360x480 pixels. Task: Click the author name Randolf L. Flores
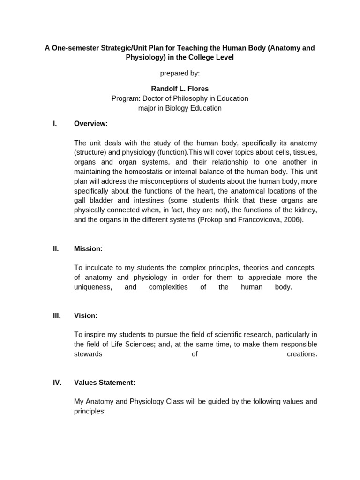pyautogui.click(x=180, y=89)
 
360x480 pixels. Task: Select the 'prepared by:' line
pyautogui.click(x=180, y=73)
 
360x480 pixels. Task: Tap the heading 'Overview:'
pyautogui.click(x=91, y=124)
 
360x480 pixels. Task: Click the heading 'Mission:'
pyautogui.click(x=88, y=249)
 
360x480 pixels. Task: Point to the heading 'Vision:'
pyautogui.click(x=86, y=316)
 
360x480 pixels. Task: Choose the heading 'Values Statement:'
pyautogui.click(x=105, y=382)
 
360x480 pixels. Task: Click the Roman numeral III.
pyautogui.click(x=57, y=316)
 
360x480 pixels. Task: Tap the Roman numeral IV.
pyautogui.click(x=57, y=382)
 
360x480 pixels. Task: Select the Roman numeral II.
pyautogui.click(x=56, y=249)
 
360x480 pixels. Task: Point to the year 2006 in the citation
pyautogui.click(x=293, y=219)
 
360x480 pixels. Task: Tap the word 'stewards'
pyautogui.click(x=88, y=354)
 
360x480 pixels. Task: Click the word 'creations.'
pyautogui.click(x=302, y=354)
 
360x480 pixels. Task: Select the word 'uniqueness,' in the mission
pyautogui.click(x=93, y=287)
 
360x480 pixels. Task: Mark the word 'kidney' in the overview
pyautogui.click(x=306, y=210)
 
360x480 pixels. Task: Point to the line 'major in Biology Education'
pyautogui.click(x=180, y=108)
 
